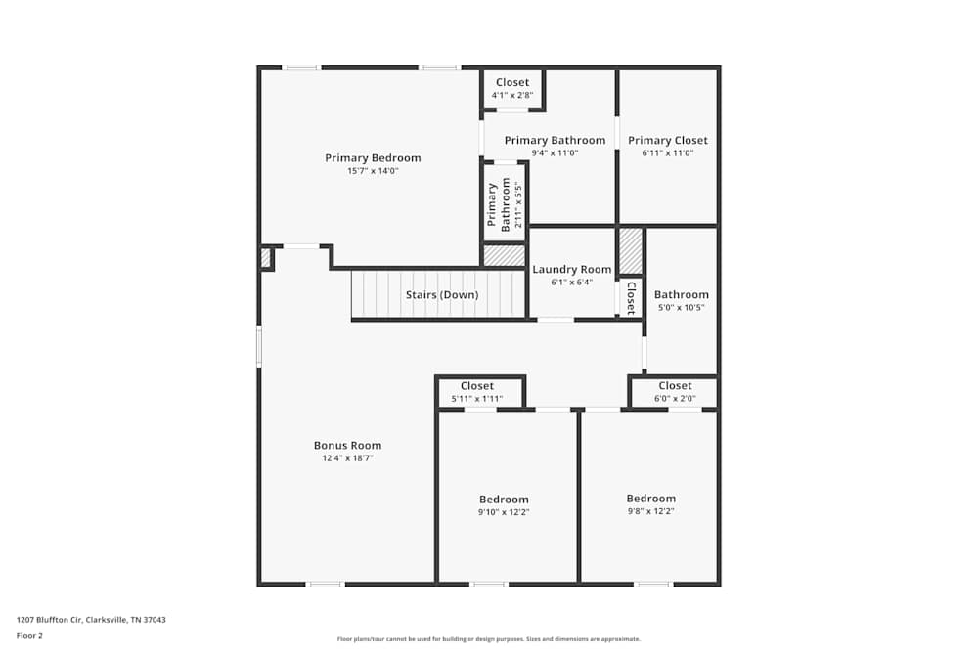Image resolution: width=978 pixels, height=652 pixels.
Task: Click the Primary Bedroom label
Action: pyautogui.click(x=373, y=158)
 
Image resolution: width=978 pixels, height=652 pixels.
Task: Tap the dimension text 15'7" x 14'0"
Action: pyautogui.click(x=373, y=171)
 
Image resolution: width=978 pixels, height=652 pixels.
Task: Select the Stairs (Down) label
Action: pyautogui.click(x=442, y=295)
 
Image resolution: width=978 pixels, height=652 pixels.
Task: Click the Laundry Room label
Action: pyautogui.click(x=571, y=270)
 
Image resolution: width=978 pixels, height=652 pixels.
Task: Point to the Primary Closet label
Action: pyautogui.click(x=667, y=141)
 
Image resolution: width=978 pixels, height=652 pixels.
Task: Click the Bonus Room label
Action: pyautogui.click(x=347, y=446)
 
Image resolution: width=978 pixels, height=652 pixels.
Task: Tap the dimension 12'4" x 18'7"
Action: pyautogui.click(x=347, y=458)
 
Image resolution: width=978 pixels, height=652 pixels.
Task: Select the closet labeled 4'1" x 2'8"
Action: pyautogui.click(x=512, y=88)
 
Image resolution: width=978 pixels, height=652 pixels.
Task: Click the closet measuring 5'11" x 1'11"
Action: pyautogui.click(x=477, y=392)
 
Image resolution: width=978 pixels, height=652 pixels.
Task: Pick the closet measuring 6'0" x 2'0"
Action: pyautogui.click(x=675, y=392)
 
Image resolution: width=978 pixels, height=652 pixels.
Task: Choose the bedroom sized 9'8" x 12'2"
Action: pyautogui.click(x=651, y=504)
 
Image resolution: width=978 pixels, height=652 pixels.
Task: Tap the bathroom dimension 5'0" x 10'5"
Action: pyautogui.click(x=681, y=308)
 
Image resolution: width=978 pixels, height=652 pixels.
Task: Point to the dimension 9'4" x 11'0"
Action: pyautogui.click(x=555, y=153)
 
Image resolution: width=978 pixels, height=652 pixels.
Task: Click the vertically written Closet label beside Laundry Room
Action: pyautogui.click(x=631, y=297)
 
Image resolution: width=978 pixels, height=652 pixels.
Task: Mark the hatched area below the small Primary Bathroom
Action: pyautogui.click(x=505, y=255)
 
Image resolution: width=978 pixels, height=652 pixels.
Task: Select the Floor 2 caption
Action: pyautogui.click(x=29, y=635)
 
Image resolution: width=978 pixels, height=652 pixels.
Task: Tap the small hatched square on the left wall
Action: pyautogui.click(x=265, y=258)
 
